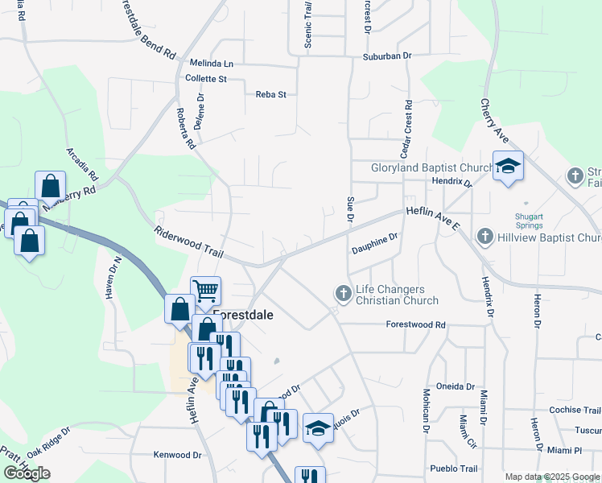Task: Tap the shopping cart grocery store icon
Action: tap(205, 289)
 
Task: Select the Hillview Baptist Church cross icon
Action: tap(484, 237)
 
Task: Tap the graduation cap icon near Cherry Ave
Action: tap(508, 166)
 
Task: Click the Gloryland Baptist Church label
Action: tap(431, 168)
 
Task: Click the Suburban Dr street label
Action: tap(386, 56)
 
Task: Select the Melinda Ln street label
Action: tap(211, 63)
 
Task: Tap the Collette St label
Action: tap(206, 79)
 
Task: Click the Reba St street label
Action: tap(270, 95)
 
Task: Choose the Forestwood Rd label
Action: tap(415, 324)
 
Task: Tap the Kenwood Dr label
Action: tap(177, 455)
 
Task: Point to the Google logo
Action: tap(27, 473)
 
